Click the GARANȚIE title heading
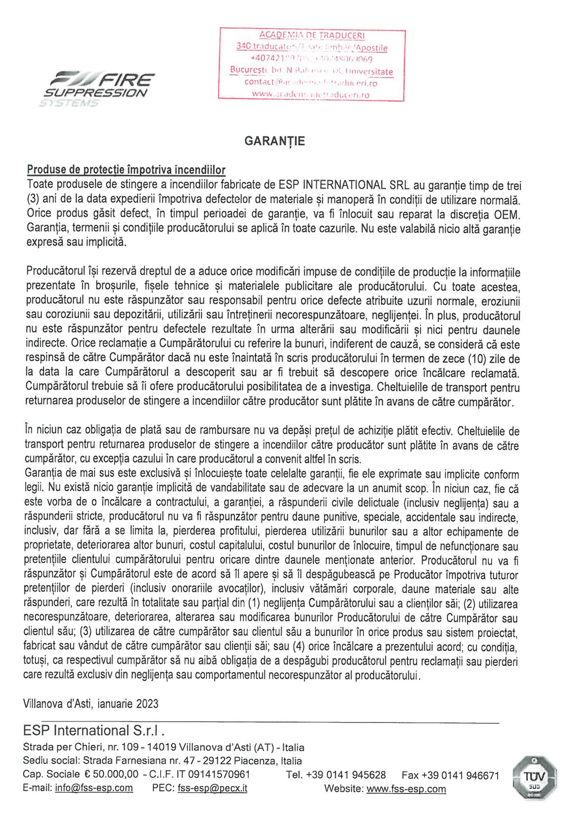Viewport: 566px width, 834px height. click(275, 141)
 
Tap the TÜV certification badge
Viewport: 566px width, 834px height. click(534, 778)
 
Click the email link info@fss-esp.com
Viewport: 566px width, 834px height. click(94, 788)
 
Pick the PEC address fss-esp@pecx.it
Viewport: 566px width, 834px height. click(212, 788)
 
